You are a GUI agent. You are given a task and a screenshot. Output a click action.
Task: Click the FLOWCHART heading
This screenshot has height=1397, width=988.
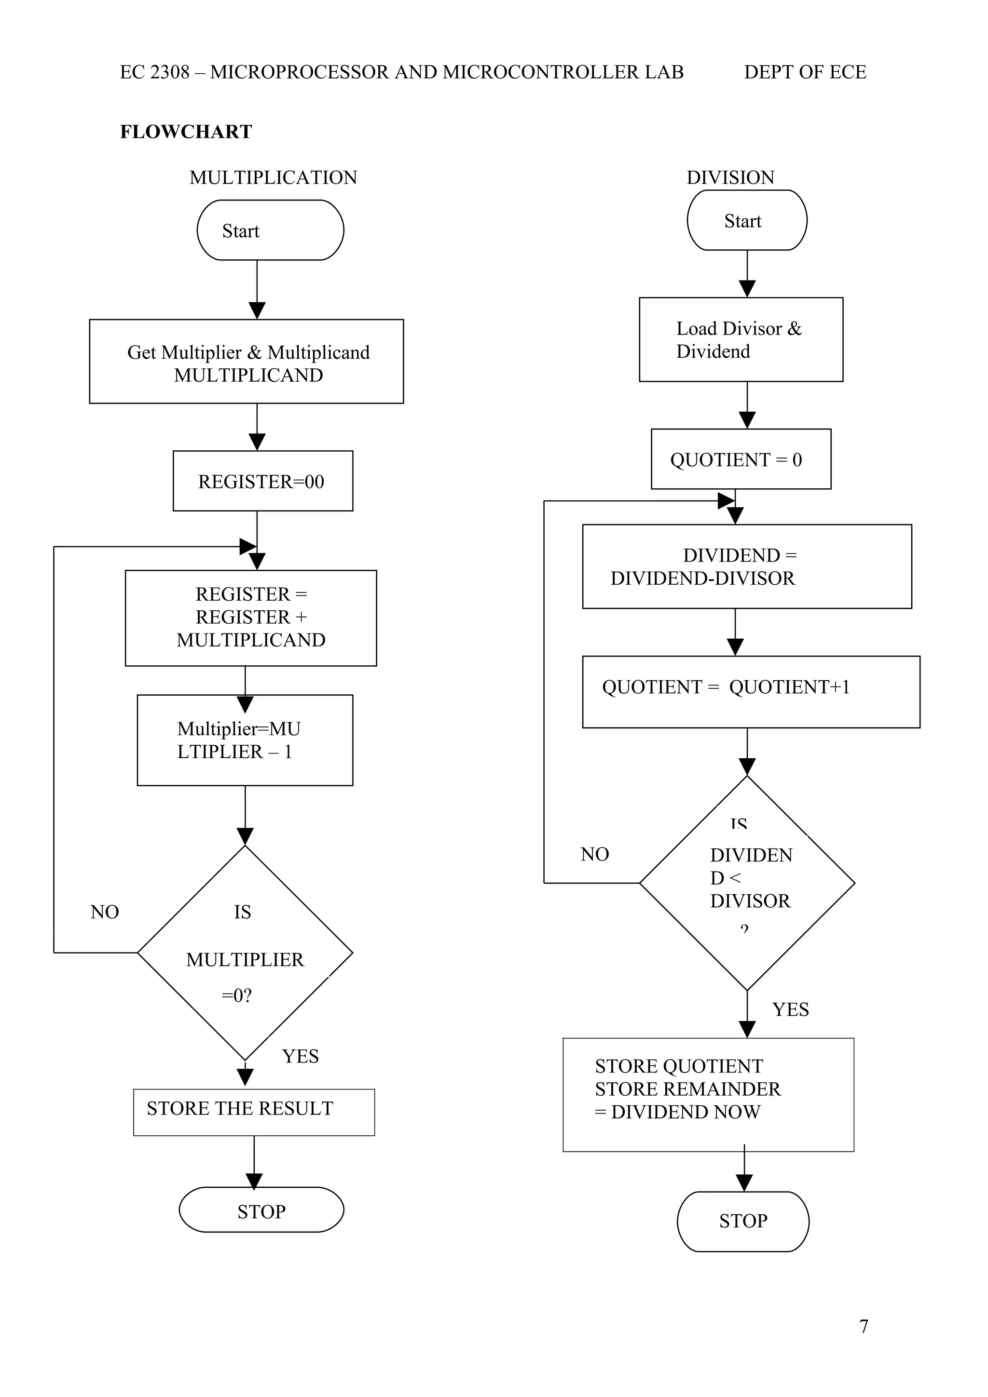tap(186, 132)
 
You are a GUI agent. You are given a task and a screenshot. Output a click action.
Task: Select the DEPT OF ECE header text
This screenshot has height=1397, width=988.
tap(805, 72)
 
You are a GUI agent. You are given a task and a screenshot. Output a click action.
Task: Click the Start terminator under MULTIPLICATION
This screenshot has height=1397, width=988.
tap(270, 230)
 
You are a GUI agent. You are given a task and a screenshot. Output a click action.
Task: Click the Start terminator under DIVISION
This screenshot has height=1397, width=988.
tap(746, 220)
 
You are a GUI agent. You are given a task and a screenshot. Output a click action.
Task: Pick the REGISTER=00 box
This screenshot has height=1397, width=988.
tap(262, 481)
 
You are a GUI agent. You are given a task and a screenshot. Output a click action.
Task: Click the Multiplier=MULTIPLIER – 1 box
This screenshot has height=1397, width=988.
tap(245, 740)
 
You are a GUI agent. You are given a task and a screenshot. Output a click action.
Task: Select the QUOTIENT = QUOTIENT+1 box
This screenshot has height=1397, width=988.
tap(750, 691)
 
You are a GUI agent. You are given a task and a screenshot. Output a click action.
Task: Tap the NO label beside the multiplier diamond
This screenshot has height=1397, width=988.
tap(105, 912)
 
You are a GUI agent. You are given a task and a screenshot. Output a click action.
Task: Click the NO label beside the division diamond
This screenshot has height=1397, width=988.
tap(594, 854)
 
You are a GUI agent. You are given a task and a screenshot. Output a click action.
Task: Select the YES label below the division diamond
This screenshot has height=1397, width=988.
tap(790, 1009)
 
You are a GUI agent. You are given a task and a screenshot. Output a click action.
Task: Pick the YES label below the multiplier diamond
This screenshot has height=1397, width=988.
tap(300, 1056)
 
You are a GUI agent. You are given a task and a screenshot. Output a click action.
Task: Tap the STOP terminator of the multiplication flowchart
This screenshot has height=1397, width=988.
tap(261, 1211)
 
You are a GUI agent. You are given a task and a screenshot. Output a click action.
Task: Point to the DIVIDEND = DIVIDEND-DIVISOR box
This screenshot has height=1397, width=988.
tap(746, 566)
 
